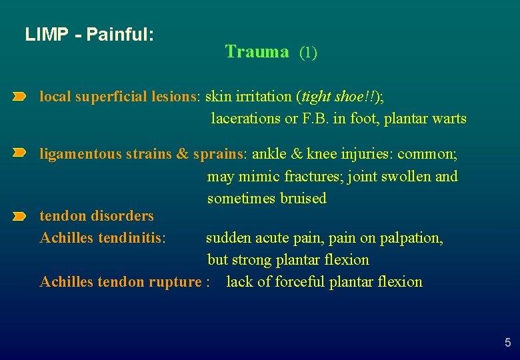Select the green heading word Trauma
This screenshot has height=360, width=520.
[x=257, y=52]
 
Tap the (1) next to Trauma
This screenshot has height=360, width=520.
[x=308, y=53]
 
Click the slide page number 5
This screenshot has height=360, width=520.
[x=507, y=343]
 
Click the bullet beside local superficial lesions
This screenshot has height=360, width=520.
[x=19, y=97]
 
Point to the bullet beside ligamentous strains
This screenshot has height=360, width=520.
[x=19, y=154]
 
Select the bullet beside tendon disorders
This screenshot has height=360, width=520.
[x=19, y=216]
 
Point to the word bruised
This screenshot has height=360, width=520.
[x=303, y=198]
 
